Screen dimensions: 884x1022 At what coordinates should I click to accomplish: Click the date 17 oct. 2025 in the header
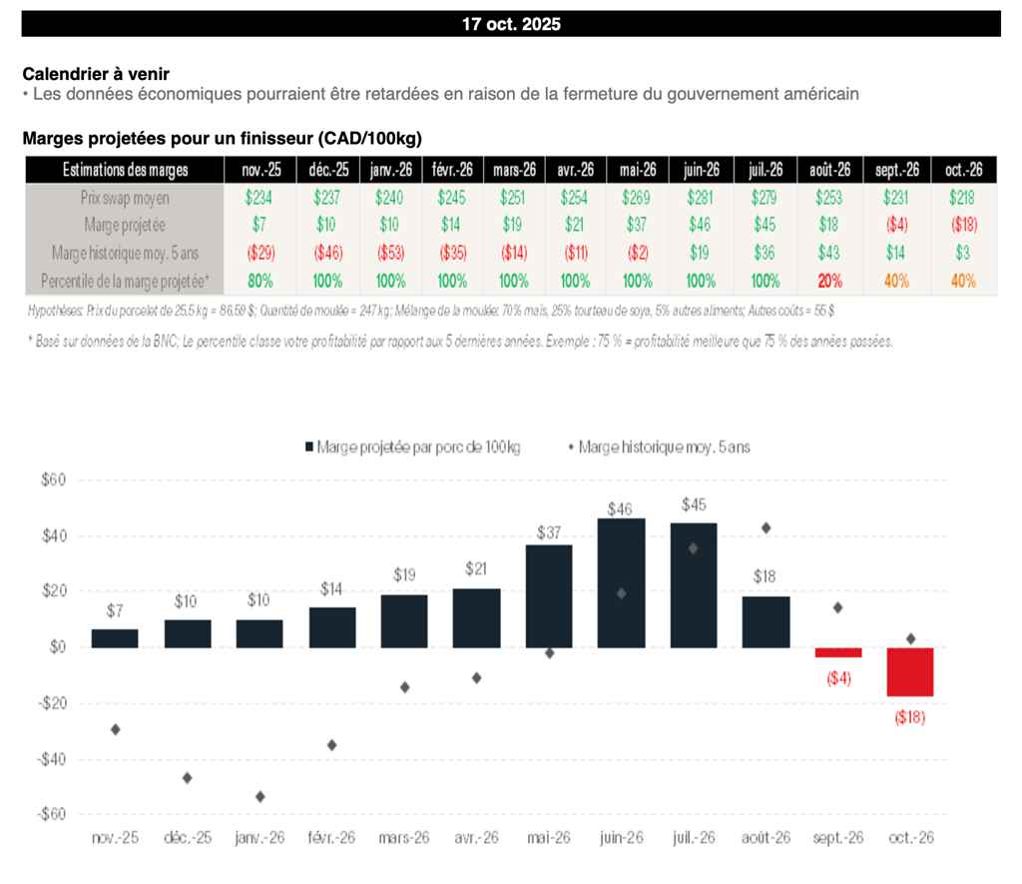511,24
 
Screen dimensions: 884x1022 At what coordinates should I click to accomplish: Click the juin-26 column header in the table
702,170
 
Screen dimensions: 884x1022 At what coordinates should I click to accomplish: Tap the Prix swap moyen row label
124,198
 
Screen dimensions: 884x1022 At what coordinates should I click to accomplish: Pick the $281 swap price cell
702,198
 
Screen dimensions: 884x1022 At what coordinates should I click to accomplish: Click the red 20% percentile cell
829,282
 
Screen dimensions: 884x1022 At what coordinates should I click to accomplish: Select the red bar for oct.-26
910,671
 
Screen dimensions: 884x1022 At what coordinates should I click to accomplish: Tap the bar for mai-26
549,595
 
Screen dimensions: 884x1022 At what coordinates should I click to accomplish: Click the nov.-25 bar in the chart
115,638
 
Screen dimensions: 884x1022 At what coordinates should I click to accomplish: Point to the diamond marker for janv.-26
259,796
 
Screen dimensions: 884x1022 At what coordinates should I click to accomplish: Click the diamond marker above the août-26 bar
766,528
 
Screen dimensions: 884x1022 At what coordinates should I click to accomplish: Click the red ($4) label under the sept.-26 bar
837,678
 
